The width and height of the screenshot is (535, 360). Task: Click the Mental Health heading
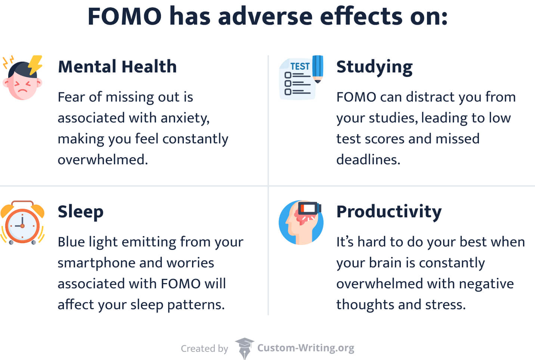click(117, 67)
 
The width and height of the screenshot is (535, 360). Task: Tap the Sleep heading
click(80, 212)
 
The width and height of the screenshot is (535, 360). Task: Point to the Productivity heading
click(389, 212)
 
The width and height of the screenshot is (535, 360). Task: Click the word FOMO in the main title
click(124, 17)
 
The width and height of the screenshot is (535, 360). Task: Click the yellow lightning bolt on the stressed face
click(35, 64)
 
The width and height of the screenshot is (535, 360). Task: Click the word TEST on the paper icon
click(300, 66)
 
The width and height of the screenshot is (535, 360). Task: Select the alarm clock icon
click(22, 223)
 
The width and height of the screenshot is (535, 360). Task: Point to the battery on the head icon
click(309, 208)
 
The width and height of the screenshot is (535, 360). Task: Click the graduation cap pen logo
click(244, 348)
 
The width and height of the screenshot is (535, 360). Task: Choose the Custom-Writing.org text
click(306, 348)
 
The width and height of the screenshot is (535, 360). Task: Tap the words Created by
click(204, 349)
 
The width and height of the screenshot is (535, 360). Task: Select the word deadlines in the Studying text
click(368, 160)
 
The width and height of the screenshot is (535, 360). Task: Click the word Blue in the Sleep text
click(70, 242)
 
